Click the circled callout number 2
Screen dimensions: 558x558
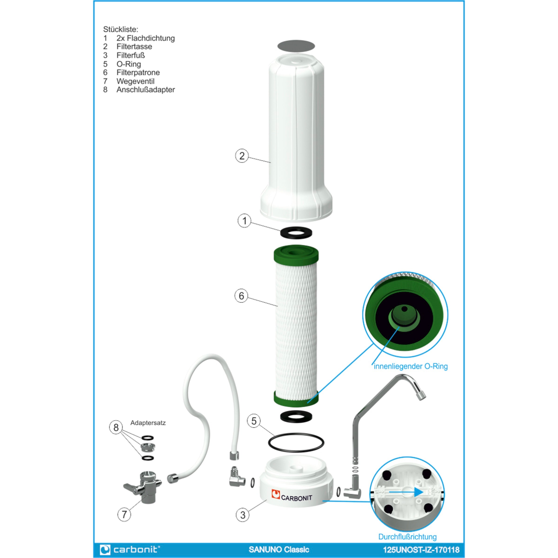242,156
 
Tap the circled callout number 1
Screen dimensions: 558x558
244,221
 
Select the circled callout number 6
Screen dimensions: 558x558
241,296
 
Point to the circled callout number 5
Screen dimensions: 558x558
254,421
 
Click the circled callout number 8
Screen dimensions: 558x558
116,428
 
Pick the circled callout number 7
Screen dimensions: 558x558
124,514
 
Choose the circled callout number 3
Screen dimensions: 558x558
242,515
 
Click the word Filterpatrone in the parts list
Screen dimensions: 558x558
138,73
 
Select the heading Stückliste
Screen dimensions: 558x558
121,30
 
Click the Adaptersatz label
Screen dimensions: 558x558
148,423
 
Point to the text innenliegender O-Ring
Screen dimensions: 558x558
410,366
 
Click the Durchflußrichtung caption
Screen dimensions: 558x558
407,537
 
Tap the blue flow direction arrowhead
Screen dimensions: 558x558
419,492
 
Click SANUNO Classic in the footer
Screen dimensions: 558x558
279,549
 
